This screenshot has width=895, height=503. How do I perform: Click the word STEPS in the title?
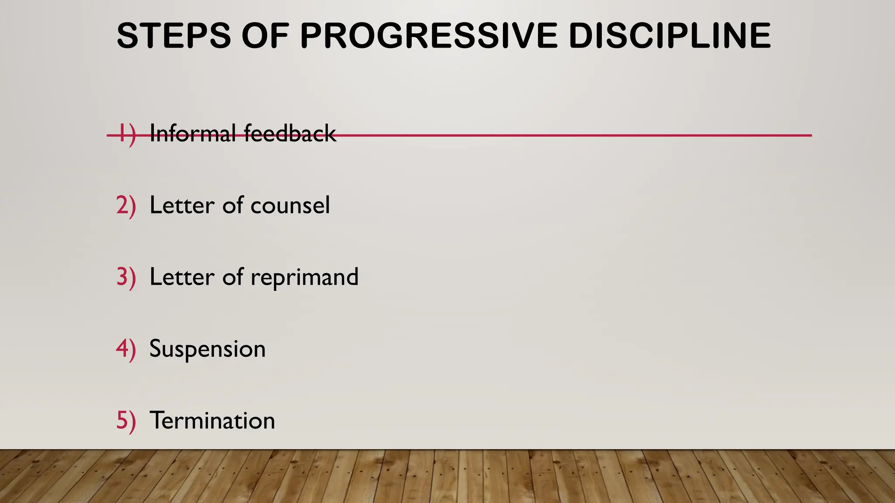pos(173,36)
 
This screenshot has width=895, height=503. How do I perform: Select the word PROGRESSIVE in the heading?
pos(429,36)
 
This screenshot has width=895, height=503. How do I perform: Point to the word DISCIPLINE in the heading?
pos(670,36)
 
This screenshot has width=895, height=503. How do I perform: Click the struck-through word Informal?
pos(193,133)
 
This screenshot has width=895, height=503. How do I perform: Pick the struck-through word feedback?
pos(290,133)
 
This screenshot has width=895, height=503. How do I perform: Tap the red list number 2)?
pos(126,205)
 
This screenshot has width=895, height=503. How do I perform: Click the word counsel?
pos(290,205)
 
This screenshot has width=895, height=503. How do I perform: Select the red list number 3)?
pos(126,277)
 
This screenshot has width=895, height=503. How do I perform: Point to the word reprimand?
pos(305,277)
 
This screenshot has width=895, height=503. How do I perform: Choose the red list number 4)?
pos(126,349)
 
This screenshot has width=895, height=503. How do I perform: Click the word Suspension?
pos(208,349)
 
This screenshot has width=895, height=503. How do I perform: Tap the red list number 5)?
pos(126,420)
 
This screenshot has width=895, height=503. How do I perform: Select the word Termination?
pos(212,421)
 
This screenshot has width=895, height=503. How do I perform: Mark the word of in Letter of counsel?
pos(232,205)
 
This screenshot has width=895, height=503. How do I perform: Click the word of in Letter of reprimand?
pos(232,277)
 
